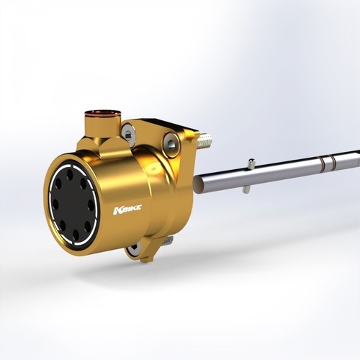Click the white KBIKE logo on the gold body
click(127, 210)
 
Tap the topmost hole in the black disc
click(70, 174)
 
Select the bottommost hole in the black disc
click(76, 234)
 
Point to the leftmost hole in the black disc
click(55, 204)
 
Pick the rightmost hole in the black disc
click(91, 205)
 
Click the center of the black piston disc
click(73, 204)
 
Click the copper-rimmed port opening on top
click(103, 113)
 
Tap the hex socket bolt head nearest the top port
click(128, 134)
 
